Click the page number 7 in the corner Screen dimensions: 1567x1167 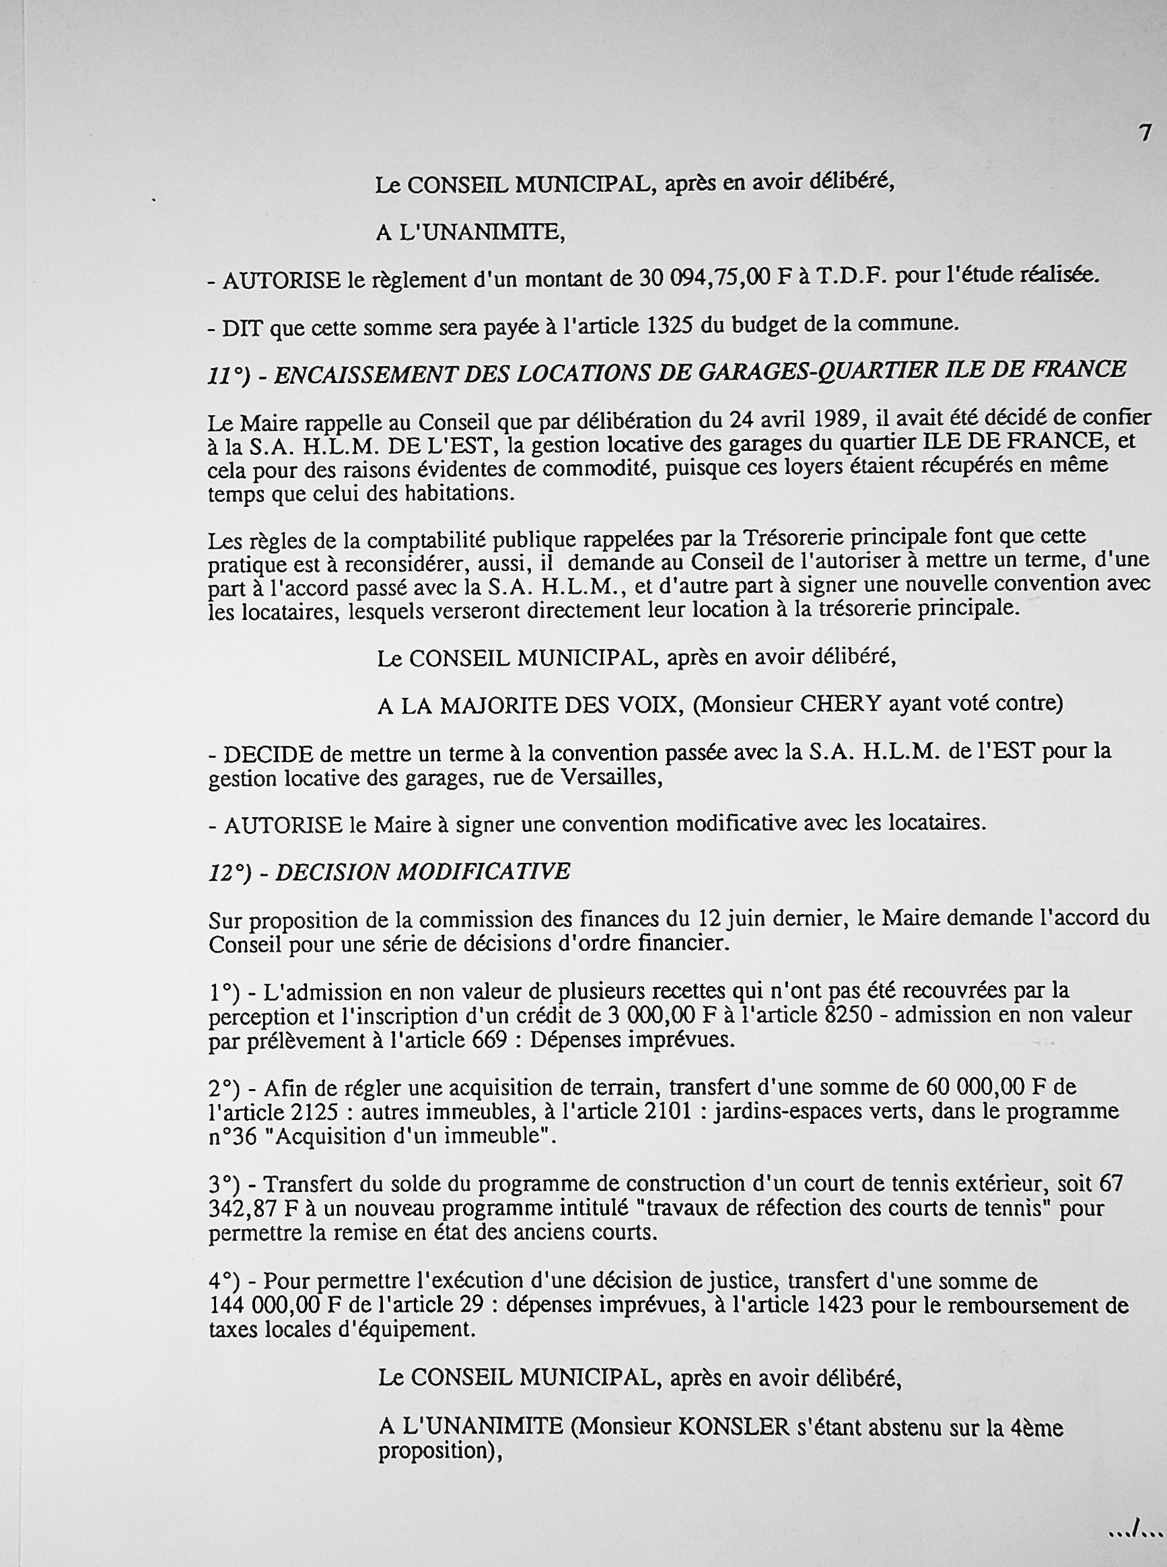click(1145, 132)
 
